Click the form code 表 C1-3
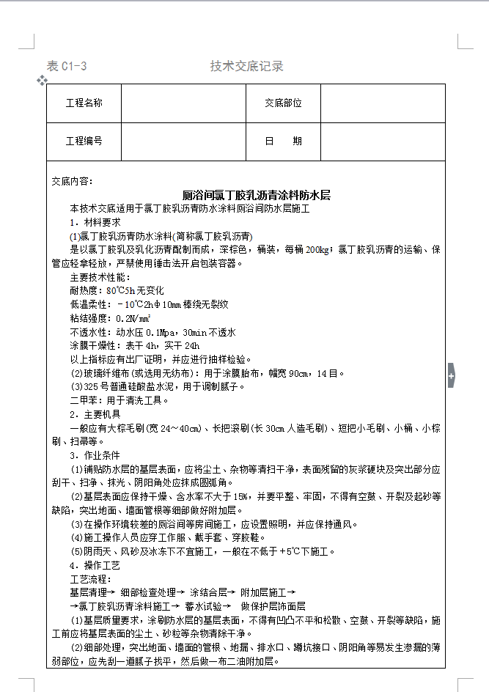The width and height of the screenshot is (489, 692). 67,67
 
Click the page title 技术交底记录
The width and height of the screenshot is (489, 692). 246,67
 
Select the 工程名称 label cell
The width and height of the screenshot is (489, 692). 84,103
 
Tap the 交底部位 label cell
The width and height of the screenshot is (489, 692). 283,103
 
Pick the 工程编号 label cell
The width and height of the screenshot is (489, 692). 84,141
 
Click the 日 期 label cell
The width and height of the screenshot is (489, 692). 283,141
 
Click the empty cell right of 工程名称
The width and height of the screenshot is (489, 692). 183,103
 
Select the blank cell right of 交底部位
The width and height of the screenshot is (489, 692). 383,103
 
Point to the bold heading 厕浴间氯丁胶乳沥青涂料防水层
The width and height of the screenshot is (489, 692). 257,196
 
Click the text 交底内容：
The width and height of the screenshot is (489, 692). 73,181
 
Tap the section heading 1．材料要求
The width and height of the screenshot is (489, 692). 95,222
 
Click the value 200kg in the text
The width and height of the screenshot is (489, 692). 317,250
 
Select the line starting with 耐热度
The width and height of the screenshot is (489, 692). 117,291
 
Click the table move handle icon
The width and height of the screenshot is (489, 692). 42,79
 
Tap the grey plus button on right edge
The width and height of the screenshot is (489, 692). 451,376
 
